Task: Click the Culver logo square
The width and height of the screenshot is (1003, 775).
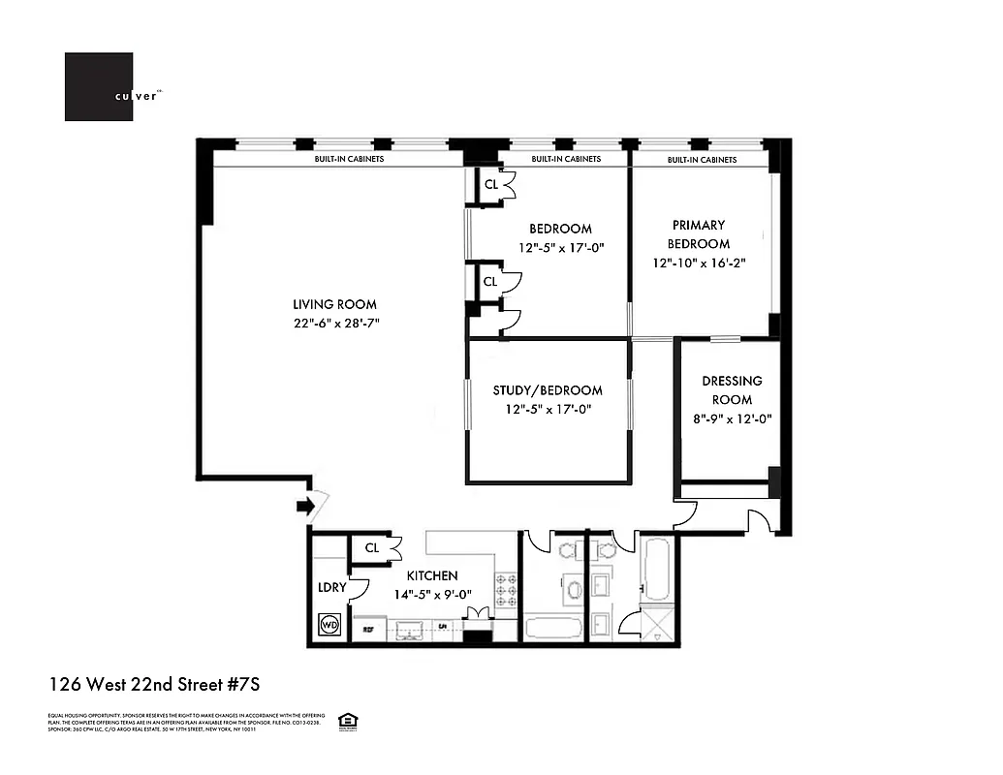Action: click(x=99, y=87)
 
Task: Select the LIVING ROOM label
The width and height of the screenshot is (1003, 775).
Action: click(x=336, y=304)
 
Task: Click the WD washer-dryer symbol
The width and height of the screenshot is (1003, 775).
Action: click(x=329, y=625)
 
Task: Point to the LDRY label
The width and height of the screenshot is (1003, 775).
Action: click(x=332, y=588)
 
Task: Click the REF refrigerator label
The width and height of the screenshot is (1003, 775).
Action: click(x=368, y=630)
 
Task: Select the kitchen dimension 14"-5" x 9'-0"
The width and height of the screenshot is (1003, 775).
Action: click(x=431, y=595)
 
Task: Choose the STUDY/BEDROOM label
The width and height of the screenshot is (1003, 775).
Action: click(x=548, y=390)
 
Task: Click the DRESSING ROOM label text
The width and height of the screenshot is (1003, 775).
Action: click(x=732, y=390)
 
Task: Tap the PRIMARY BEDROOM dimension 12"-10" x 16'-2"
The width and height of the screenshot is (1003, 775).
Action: click(x=699, y=263)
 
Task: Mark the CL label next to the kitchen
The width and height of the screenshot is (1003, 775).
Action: click(x=372, y=548)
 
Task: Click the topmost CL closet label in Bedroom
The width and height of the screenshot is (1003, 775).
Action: click(x=491, y=184)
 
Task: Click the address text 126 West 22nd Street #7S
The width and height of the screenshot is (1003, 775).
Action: click(x=155, y=685)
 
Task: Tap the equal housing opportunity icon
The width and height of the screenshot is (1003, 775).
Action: click(x=344, y=720)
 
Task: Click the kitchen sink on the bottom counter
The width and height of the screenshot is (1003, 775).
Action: click(x=411, y=629)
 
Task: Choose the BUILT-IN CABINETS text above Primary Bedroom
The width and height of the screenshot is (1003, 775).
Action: click(x=702, y=159)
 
